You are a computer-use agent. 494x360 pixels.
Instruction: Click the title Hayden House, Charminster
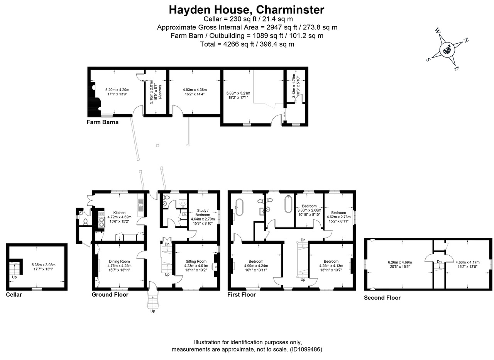pos(247,9)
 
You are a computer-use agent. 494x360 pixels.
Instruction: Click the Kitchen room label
pos(119,212)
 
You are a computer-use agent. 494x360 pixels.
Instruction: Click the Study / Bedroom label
pos(200,212)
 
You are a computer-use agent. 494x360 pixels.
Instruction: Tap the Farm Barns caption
pos(102,122)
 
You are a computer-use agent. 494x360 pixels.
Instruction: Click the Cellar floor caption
pos(14,295)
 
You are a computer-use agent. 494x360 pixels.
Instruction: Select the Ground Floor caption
pos(110,295)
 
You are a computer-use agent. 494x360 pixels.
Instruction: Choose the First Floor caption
pos(242,295)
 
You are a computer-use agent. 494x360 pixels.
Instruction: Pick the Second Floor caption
pos(382,298)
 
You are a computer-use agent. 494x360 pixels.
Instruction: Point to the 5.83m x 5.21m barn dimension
pos(238,93)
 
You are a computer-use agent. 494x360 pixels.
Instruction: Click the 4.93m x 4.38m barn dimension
pos(195,90)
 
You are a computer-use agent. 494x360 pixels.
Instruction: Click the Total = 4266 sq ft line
pos(247,44)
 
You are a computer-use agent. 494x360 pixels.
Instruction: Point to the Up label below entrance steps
pos(153,311)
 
